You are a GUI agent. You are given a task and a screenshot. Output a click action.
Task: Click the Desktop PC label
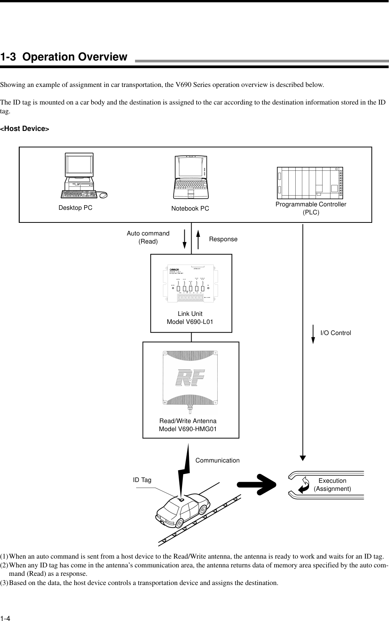pos(75,208)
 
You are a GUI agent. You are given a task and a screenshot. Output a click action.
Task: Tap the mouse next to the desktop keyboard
pos(103,195)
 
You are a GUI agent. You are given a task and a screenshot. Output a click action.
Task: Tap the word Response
pos(223,239)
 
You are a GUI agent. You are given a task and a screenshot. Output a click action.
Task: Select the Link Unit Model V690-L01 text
pos(190,318)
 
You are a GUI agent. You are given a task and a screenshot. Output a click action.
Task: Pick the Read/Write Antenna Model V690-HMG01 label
pos(188,425)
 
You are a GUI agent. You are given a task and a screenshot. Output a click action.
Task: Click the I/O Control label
pos(335,333)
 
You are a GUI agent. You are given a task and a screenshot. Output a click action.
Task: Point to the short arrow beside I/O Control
pos(313,333)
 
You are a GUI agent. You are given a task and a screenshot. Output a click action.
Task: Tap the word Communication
pos(217,461)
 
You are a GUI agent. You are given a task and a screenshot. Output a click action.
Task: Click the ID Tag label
pos(142,480)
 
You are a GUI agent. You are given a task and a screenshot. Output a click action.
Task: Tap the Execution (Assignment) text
pos(332,485)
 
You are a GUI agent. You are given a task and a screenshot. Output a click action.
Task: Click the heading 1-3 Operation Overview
pos(63,57)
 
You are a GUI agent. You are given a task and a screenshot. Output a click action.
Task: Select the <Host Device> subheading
pos(24,129)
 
